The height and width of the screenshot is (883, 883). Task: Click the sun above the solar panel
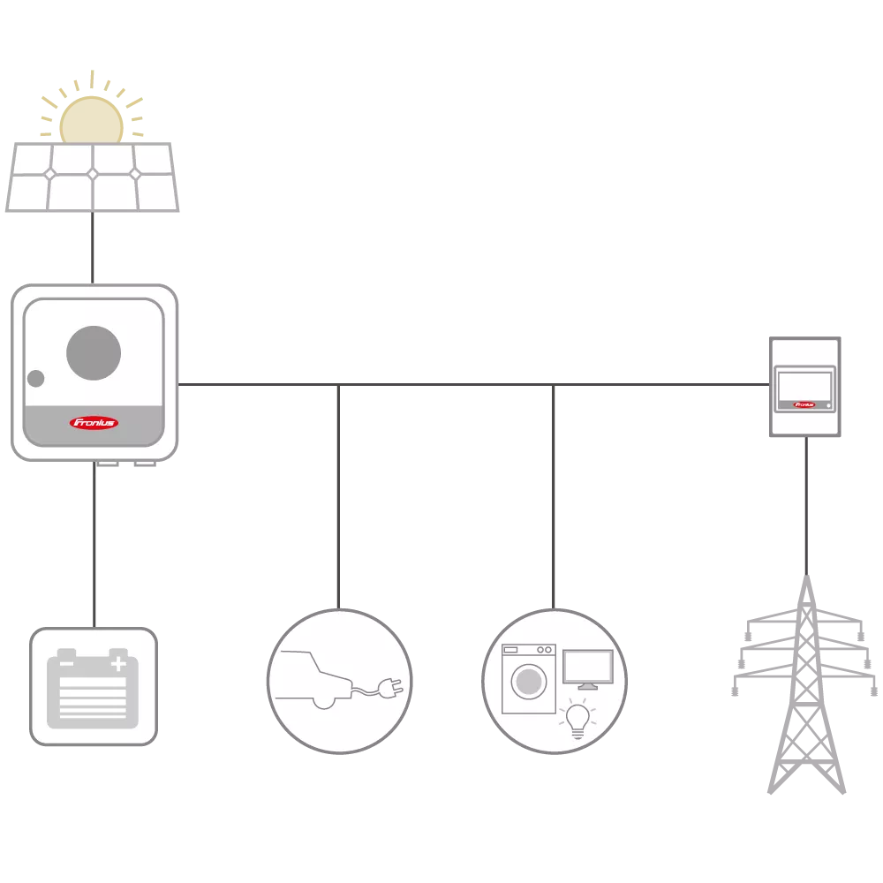[x=91, y=119]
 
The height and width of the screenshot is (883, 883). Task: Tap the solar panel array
[x=92, y=177]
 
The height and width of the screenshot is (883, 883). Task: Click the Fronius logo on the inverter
[x=94, y=422]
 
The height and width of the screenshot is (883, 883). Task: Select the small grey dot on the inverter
[x=35, y=379]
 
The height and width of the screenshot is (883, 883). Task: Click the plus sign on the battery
[x=118, y=662]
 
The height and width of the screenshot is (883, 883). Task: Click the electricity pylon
[x=804, y=689]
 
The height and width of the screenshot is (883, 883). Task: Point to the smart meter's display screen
[x=804, y=386]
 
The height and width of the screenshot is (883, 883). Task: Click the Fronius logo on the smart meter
[x=804, y=405]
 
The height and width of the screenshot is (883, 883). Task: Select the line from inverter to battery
[x=94, y=543]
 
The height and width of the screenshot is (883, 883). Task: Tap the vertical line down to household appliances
[x=555, y=494]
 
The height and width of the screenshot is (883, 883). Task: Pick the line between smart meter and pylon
[x=804, y=503]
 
